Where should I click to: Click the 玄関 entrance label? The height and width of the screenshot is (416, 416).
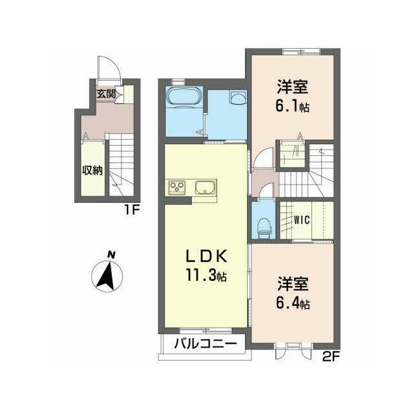coord(105,94)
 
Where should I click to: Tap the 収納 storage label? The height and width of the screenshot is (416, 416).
coord(92,170)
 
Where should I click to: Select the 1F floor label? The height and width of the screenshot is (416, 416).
coord(132,211)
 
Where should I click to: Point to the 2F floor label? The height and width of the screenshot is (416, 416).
coord(331,358)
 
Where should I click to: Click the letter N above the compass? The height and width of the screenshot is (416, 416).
coord(111,255)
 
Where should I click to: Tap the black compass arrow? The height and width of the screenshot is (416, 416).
coord(107,276)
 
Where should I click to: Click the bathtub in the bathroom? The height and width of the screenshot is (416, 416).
coord(183,97)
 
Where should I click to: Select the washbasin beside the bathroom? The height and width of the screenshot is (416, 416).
coord(238,97)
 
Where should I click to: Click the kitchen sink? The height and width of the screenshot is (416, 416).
coord(205,187)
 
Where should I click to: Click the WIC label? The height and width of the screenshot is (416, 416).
coord(302,220)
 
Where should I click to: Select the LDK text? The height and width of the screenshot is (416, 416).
coord(206,255)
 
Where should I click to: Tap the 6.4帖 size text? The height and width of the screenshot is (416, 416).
coord(293,303)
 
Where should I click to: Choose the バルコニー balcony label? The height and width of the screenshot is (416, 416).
coord(205,344)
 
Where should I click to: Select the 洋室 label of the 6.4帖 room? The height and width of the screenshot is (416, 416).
coord(293,283)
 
